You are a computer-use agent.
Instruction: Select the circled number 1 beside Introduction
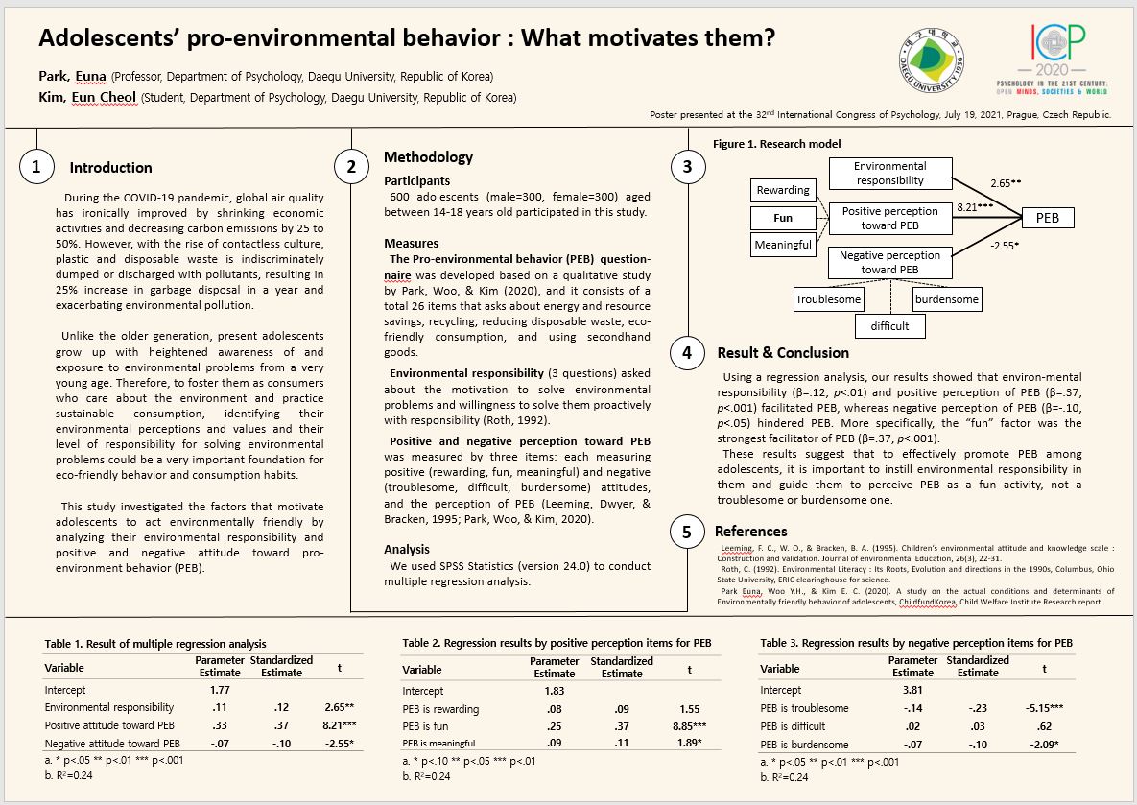36,167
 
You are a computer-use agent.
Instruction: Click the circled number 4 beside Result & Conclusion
687,353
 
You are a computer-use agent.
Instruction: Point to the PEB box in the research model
1047,218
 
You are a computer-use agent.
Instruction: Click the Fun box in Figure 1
783,218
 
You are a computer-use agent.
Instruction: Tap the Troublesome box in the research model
829,299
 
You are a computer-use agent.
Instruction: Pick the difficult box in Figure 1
889,326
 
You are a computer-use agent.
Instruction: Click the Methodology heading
428,157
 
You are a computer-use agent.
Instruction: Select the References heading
750,531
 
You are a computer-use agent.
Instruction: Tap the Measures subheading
411,244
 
